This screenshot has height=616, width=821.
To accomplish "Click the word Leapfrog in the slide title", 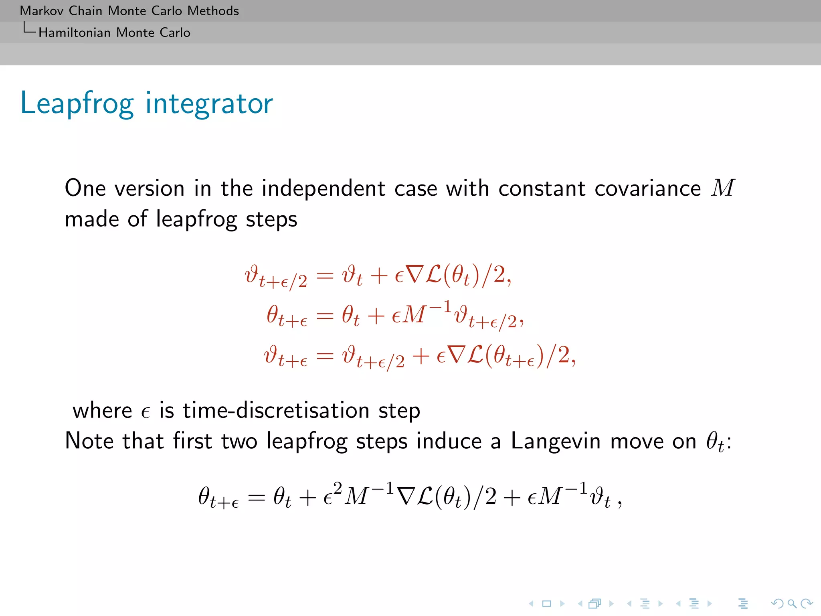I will click(x=77, y=103).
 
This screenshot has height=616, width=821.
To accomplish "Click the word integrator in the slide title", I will click(x=209, y=103).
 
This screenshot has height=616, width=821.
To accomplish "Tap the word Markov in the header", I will click(x=41, y=11).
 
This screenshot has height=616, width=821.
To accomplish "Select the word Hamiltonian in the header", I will click(x=74, y=32).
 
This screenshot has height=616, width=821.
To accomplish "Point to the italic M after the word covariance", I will click(x=722, y=188).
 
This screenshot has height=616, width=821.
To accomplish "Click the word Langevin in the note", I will click(x=555, y=441).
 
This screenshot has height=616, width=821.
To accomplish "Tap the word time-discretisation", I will click(x=276, y=410).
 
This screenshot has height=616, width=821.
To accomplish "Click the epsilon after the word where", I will click(x=146, y=412).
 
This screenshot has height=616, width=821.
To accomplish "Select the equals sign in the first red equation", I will click(x=325, y=276).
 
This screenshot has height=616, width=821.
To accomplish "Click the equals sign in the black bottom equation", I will click(x=257, y=498).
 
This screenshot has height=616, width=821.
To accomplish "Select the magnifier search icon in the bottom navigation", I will click(x=791, y=603).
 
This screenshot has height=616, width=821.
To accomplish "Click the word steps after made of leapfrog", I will click(x=271, y=219).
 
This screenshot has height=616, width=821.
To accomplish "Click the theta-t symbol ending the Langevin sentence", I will click(x=715, y=442).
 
